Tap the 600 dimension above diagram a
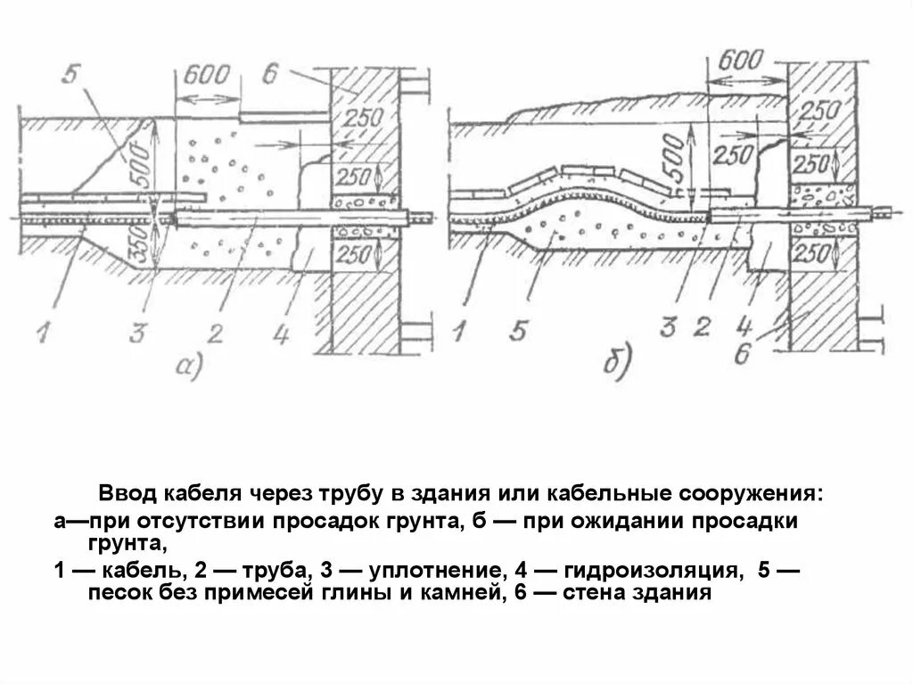[206, 74]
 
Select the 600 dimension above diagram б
[739, 61]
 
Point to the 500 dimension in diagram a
[140, 161]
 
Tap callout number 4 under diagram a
[281, 336]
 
